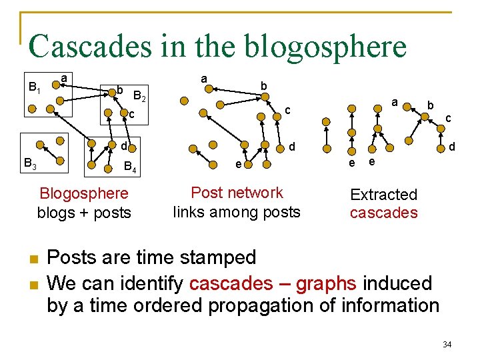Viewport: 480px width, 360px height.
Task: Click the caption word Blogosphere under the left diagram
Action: (x=84, y=194)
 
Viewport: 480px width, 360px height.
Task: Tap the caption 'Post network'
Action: (x=237, y=193)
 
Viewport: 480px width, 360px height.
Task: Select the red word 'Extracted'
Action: (x=383, y=195)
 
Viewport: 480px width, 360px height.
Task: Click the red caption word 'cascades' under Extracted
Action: (x=383, y=213)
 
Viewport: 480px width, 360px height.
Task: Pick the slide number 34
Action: (x=447, y=344)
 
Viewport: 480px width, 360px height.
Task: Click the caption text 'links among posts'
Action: (x=237, y=212)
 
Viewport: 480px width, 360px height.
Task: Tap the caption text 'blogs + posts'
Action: (x=84, y=213)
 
